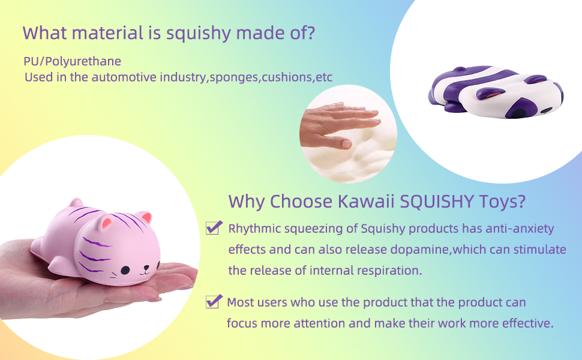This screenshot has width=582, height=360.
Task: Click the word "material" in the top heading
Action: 107,32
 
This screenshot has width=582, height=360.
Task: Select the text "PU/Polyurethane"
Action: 73,61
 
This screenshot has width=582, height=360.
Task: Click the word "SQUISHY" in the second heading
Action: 437,201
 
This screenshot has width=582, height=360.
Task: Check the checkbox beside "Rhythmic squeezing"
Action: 214,227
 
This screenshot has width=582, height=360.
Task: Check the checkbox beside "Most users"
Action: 214,301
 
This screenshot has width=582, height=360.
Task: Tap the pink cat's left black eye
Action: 125,270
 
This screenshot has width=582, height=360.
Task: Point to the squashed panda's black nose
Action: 546,110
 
